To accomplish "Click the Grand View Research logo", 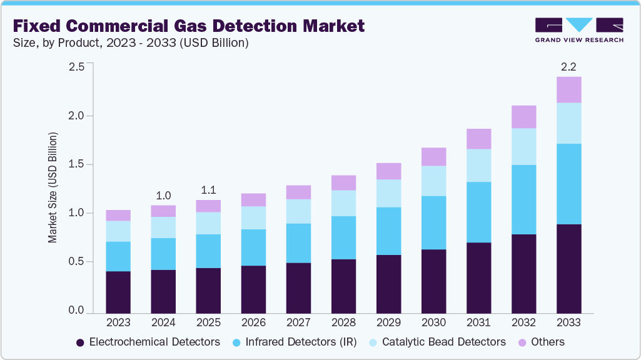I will coord(578,29).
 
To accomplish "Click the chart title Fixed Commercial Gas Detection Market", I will coord(188,26).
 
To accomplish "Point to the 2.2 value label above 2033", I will coord(568,66).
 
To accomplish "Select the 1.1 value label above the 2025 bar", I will coord(208,189).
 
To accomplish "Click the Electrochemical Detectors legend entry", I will coord(148,342).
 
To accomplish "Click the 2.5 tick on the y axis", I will coord(76,67).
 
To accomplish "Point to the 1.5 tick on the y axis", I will coord(76,164).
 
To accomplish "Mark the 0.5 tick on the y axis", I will coord(76,262).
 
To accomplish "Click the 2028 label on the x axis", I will coord(343,322).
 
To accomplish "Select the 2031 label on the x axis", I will coord(478,322).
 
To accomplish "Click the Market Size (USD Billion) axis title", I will coord(53,187).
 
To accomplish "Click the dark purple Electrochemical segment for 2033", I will coord(568,269).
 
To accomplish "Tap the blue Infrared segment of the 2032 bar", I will coord(523,199).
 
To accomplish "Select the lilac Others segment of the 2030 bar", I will coord(433,156).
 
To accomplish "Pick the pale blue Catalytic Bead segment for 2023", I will coord(118,231).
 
